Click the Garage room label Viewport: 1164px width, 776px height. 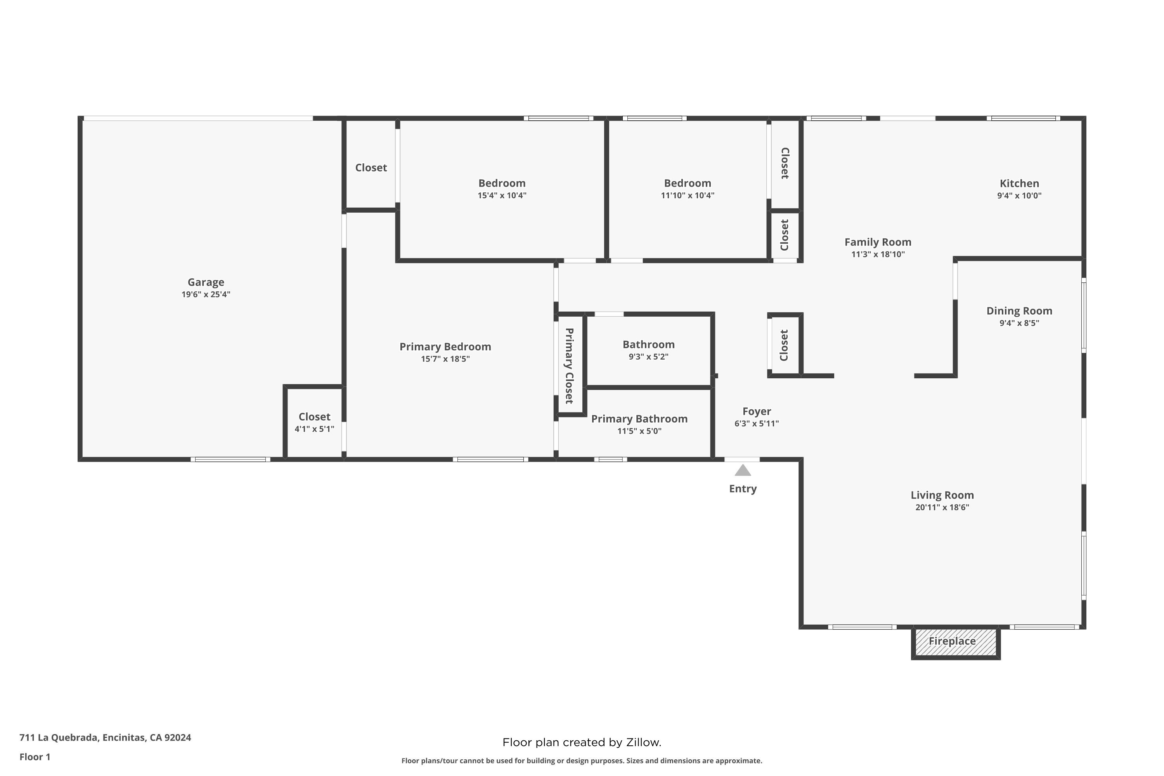pos(206,282)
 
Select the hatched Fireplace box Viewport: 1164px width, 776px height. pos(956,643)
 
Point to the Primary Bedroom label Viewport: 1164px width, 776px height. pos(445,346)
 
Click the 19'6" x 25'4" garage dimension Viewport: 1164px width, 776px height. pos(206,294)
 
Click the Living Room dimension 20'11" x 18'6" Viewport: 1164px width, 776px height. pos(942,507)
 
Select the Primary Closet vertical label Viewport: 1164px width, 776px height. pos(570,366)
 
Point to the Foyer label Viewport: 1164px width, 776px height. pos(757,411)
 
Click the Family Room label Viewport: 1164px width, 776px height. pos(878,242)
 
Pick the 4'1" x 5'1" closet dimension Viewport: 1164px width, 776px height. pos(314,429)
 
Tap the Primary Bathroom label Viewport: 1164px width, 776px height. pos(639,419)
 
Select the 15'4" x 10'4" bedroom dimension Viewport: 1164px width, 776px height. pos(502,196)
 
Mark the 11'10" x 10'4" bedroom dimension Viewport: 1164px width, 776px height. pos(688,196)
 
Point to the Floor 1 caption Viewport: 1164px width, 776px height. pos(35,757)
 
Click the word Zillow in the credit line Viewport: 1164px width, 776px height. pos(643,742)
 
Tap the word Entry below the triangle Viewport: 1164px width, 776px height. pos(743,489)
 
